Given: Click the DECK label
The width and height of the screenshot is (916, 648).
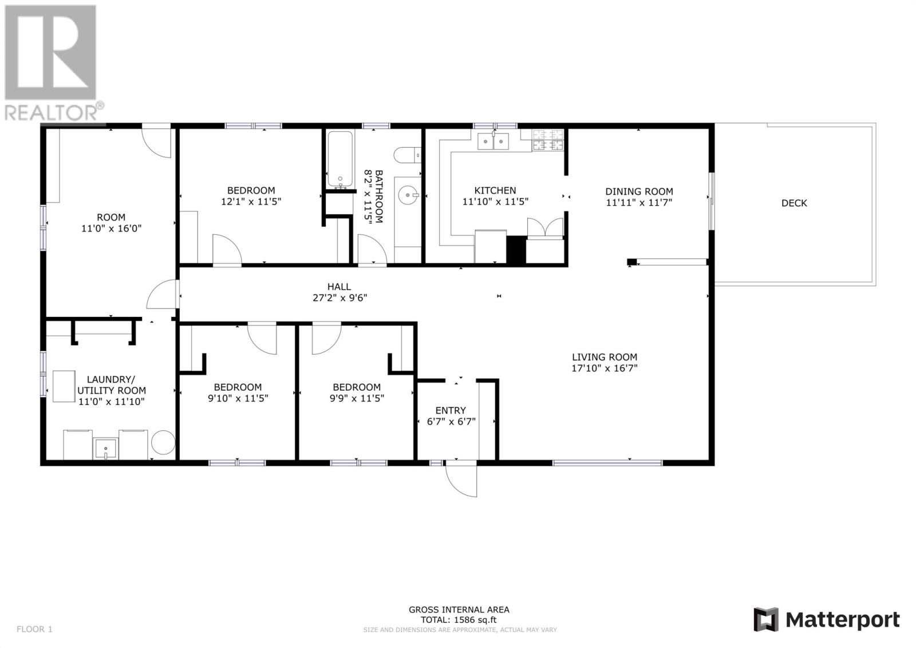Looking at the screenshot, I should click(794, 203).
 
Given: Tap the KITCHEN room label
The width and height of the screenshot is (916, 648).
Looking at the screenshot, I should click(495, 190).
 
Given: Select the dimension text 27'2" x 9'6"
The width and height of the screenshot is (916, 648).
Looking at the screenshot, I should click(339, 298).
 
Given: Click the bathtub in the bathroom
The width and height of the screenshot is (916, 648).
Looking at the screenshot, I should click(340, 159).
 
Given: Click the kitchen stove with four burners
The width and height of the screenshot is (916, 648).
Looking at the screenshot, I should click(548, 140).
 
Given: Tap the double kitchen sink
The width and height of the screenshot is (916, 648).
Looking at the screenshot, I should click(493, 140).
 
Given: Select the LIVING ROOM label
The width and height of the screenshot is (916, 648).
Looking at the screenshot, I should click(604, 357).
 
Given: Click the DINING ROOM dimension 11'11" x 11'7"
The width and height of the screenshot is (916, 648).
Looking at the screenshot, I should click(639, 202).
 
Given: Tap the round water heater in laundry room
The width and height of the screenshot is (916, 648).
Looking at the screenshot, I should click(163, 442).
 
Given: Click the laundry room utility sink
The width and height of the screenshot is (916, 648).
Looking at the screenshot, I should click(106, 448).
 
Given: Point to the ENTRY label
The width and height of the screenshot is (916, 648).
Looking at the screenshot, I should click(451, 410).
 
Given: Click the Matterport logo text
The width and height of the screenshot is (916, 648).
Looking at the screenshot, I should click(842, 620).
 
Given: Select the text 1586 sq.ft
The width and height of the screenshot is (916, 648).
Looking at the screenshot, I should click(475, 619).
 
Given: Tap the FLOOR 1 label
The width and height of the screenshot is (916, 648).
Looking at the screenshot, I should click(34, 629).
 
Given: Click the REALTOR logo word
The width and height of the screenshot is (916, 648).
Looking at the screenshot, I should click(52, 112).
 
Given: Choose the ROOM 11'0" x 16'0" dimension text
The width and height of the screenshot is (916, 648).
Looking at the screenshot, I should click(111, 228).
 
